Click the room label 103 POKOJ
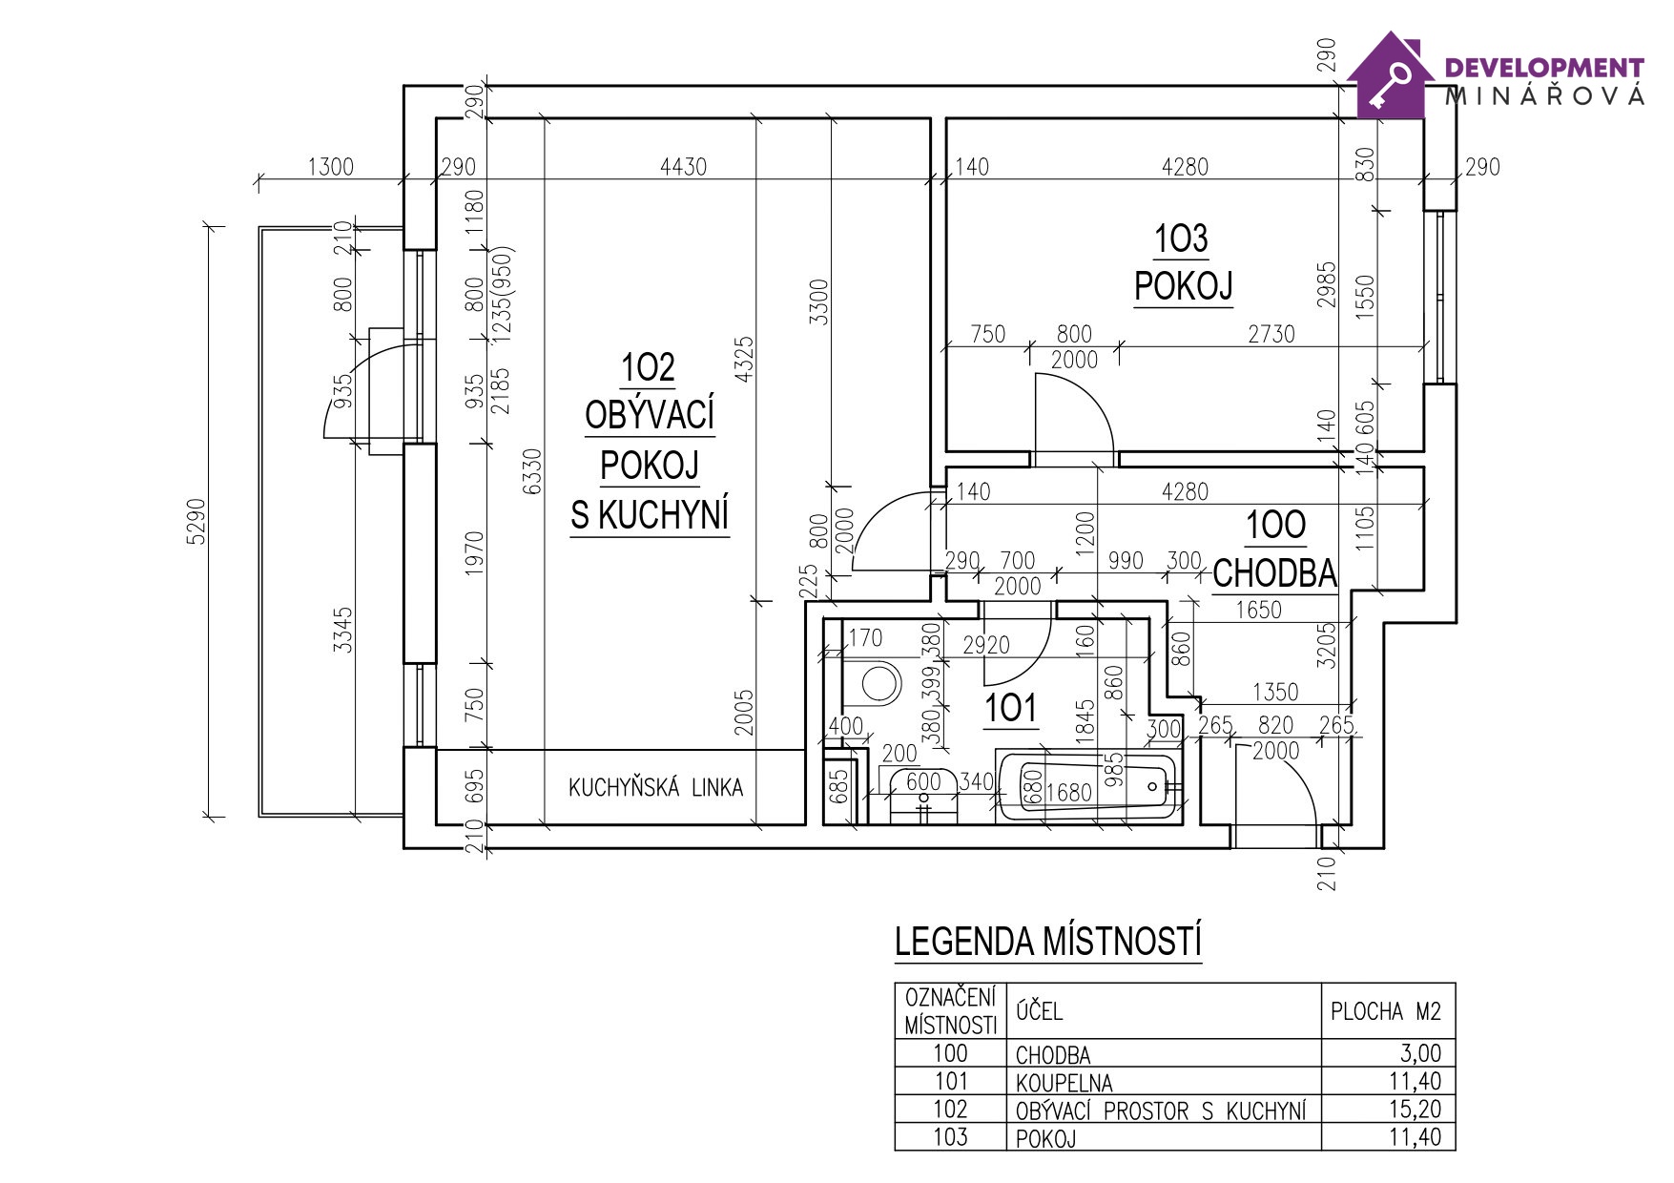click(1182, 262)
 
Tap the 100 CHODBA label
click(1274, 550)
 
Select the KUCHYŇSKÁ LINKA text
click(655, 788)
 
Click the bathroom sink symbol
click(922, 792)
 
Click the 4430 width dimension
click(683, 167)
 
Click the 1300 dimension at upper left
click(330, 167)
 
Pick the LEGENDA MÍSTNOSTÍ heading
click(1047, 942)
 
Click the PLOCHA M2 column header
click(1386, 1011)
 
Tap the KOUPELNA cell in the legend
click(1064, 1083)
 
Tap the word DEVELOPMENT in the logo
click(1544, 68)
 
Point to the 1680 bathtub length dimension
click(1067, 793)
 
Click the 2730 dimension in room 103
click(1271, 334)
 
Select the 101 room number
click(1009, 709)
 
